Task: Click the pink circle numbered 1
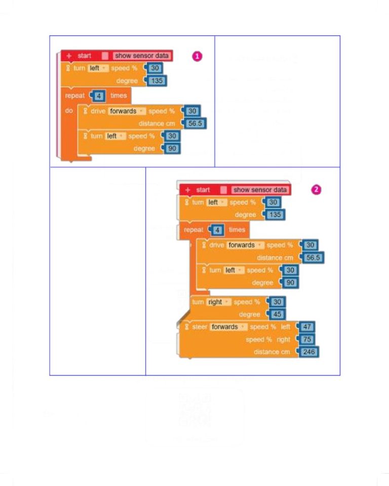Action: tap(197, 56)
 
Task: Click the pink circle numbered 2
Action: tap(316, 190)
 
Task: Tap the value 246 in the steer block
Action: tap(308, 352)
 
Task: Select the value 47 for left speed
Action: tap(307, 327)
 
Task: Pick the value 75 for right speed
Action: tap(307, 339)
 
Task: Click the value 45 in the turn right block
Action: tap(277, 314)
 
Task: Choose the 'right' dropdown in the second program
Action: tap(219, 302)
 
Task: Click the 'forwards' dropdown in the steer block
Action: tap(228, 327)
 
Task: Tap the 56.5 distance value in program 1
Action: tap(195, 124)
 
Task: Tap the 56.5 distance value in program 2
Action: tap(313, 258)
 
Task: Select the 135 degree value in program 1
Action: tap(157, 81)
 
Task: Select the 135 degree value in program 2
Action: tap(275, 215)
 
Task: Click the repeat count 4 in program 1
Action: tap(99, 96)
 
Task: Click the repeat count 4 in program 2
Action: tap(217, 230)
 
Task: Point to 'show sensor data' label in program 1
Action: tap(142, 56)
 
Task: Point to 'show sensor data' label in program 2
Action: tap(260, 190)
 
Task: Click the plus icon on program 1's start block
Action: tap(69, 56)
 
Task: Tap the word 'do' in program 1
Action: tap(69, 111)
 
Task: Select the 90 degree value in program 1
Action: tap(172, 148)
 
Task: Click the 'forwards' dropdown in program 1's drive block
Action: tap(127, 111)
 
